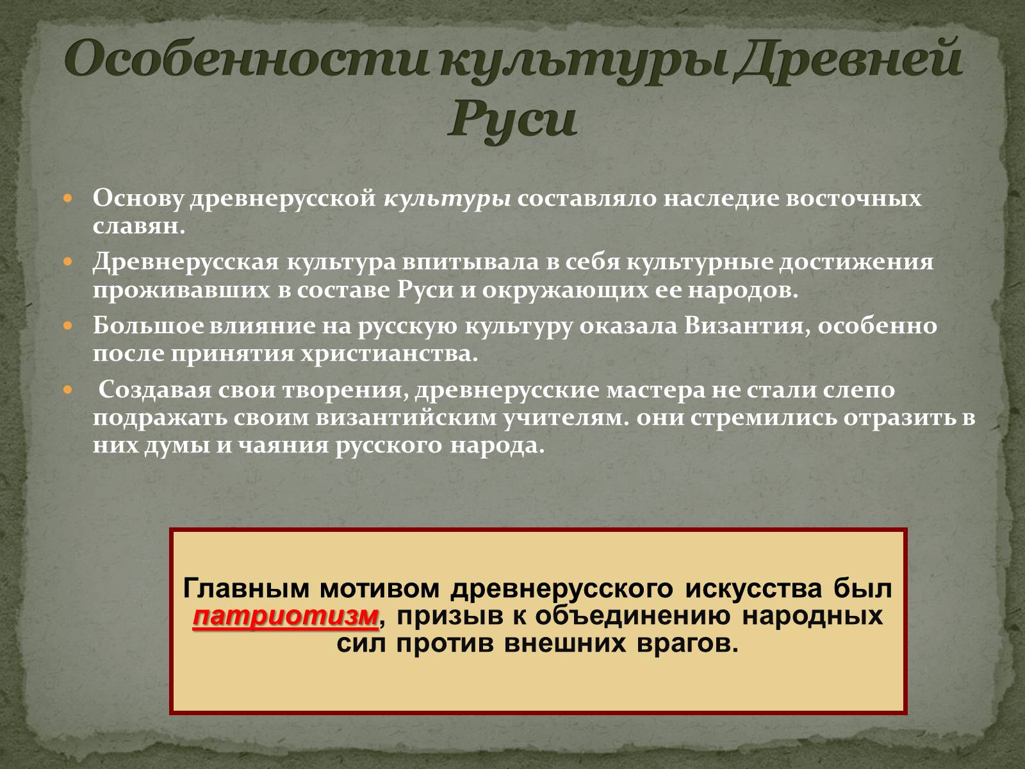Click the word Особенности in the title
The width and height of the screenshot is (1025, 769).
point(246,60)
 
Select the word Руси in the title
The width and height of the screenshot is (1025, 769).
point(512,118)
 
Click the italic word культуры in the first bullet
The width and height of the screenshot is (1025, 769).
point(447,199)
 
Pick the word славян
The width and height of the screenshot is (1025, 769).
point(138,226)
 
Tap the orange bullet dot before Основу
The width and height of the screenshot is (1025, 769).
point(68,199)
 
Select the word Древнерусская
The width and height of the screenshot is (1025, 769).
point(186,262)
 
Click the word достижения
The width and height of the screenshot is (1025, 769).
point(857,262)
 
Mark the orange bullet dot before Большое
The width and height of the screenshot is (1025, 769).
point(68,326)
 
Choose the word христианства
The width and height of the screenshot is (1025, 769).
point(389,354)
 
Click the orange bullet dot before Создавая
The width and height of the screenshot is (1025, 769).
point(68,389)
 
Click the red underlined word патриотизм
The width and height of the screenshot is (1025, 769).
point(286,616)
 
